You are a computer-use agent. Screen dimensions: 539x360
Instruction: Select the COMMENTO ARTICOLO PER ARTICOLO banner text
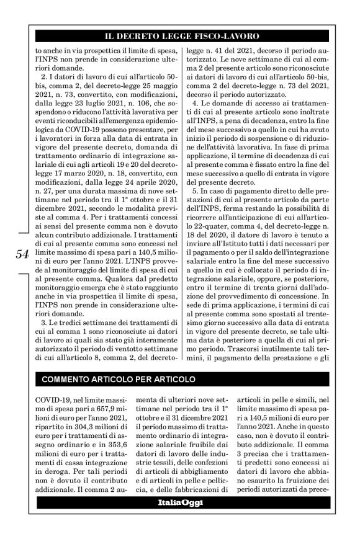click(x=119, y=378)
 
